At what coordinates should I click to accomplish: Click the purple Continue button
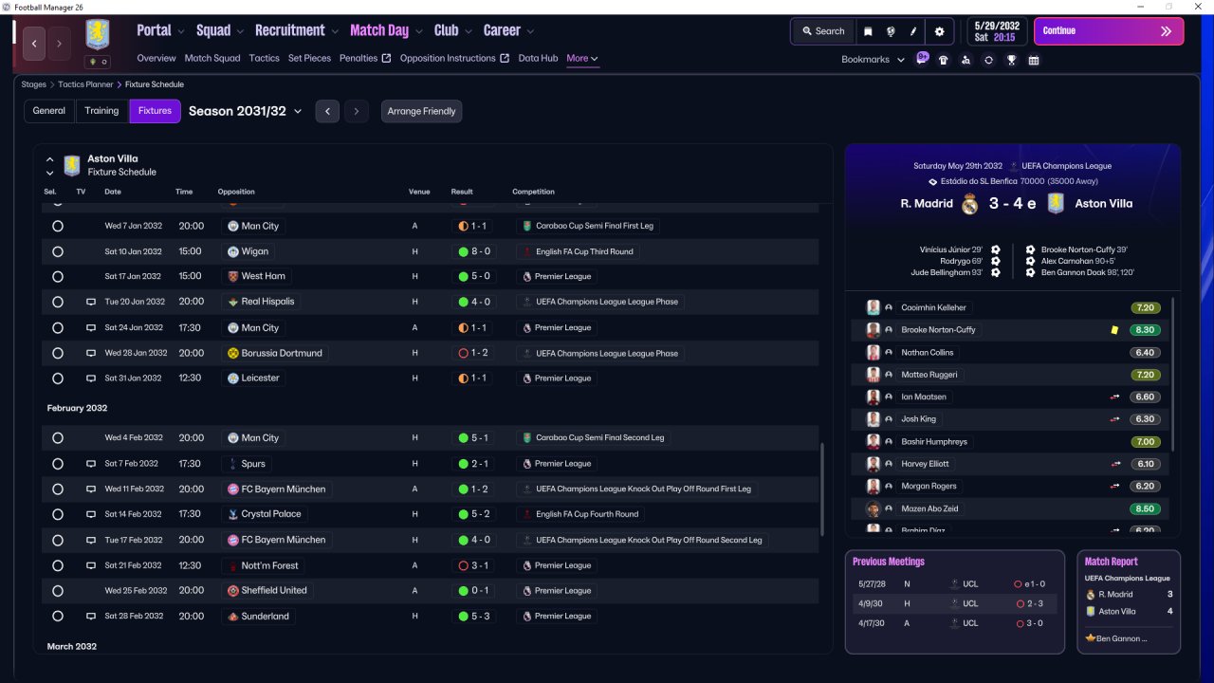coord(1109,31)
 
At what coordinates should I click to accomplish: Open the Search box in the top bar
coord(823,31)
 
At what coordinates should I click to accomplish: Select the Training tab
coord(101,111)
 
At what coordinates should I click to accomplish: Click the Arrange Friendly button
coord(421,111)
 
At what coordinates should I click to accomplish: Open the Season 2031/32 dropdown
coord(245,111)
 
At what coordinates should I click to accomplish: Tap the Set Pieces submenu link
coord(309,58)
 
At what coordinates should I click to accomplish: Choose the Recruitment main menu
coord(290,30)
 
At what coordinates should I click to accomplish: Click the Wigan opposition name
coord(255,251)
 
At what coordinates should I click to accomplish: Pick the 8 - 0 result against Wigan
coord(474,251)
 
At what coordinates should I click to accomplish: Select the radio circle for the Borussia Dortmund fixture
coord(58,354)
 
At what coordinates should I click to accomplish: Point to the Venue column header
coord(419,192)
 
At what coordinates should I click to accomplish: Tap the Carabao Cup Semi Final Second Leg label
coord(599,437)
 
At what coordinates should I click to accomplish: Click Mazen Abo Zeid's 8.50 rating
coord(1145,508)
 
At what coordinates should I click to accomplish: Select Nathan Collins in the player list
coord(927,352)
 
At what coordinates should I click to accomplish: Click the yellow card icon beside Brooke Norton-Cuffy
coord(1114,329)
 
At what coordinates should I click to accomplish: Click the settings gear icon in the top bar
coord(939,31)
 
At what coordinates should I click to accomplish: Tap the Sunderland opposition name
coord(265,617)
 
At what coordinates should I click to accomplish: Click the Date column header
coord(113,192)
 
